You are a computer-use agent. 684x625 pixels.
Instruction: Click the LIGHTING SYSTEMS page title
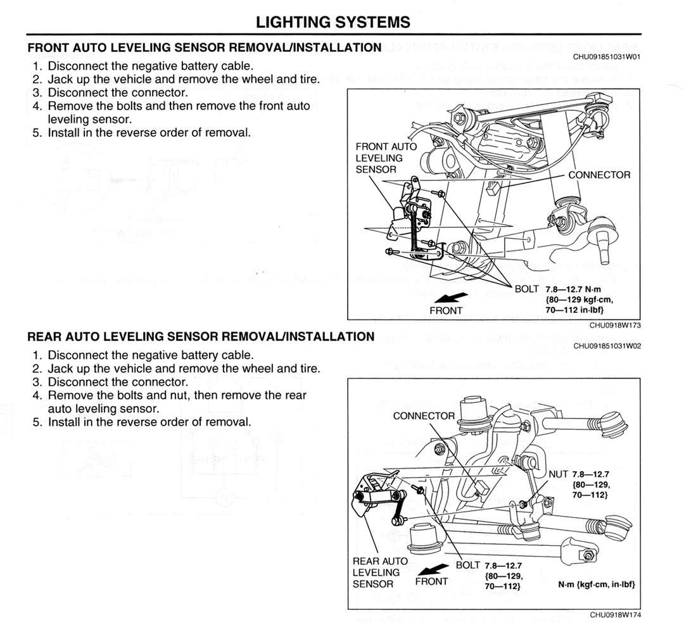tap(333, 22)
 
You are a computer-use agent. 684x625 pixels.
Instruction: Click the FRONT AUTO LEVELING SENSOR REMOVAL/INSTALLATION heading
tap(204, 47)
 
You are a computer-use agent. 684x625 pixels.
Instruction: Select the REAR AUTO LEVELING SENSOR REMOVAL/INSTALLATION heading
tap(201, 336)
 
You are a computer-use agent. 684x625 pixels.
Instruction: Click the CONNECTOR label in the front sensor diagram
tap(599, 175)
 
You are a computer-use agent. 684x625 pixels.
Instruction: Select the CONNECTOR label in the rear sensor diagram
tap(424, 416)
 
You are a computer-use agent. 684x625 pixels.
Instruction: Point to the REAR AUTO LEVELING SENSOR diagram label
tap(380, 572)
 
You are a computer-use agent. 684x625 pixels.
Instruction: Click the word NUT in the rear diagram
tap(559, 474)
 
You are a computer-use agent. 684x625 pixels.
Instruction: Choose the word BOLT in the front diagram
tap(526, 289)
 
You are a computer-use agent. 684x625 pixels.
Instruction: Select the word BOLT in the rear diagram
tap(468, 565)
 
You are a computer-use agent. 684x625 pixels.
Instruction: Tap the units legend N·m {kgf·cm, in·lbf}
tap(596, 584)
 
